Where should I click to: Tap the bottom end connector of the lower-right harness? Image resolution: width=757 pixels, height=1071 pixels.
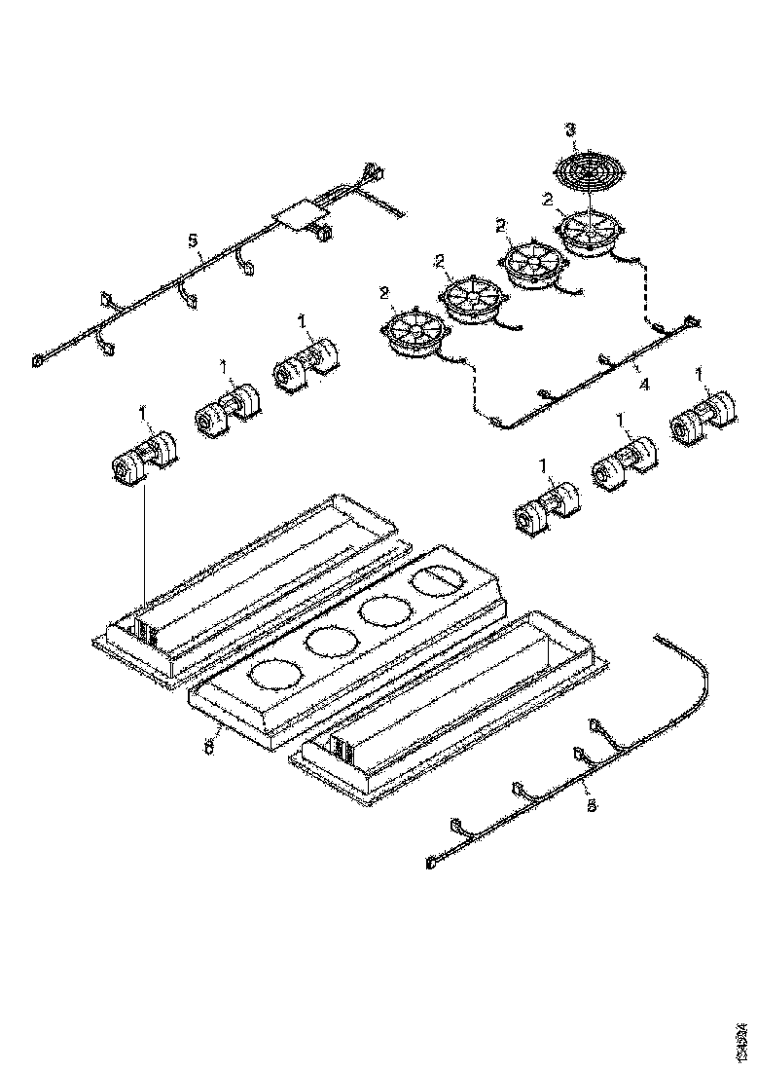click(x=430, y=862)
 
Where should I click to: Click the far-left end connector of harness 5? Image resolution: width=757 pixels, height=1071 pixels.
click(x=38, y=359)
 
